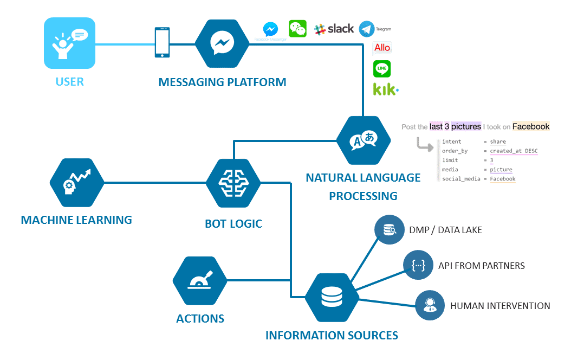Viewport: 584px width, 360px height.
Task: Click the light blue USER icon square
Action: [69, 43]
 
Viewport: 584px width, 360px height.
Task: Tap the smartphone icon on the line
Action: [162, 43]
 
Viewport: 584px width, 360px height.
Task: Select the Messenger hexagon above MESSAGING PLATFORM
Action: [222, 43]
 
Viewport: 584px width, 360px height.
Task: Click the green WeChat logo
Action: [297, 29]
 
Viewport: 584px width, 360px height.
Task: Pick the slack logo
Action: [334, 29]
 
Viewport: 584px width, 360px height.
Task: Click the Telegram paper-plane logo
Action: [367, 29]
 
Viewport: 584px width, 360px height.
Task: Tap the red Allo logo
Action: [382, 48]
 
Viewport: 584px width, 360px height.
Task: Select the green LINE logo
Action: [382, 69]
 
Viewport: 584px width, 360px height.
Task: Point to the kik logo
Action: [385, 89]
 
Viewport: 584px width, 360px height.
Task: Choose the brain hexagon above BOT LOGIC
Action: [233, 183]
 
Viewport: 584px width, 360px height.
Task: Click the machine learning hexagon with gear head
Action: [76, 183]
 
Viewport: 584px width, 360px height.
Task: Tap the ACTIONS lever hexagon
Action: [200, 281]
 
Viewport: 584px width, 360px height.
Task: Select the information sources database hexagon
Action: [332, 297]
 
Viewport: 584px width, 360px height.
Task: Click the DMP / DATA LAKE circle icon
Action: [390, 230]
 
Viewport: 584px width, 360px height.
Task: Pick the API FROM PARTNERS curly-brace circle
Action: [419, 266]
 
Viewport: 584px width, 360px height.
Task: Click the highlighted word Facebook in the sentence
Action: [531, 127]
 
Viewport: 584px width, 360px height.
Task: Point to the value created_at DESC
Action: [514, 151]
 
